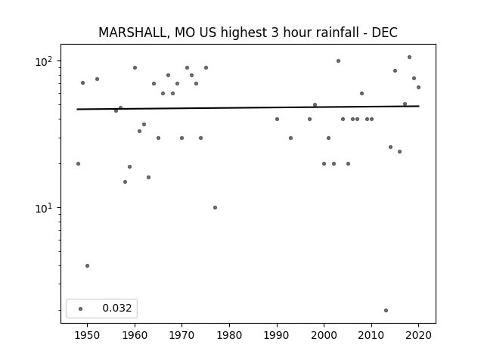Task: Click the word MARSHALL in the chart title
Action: pos(134,33)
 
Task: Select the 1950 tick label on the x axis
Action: pos(88,335)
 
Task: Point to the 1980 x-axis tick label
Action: pos(229,335)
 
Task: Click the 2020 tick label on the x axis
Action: pos(418,335)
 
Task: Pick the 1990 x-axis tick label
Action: pos(277,335)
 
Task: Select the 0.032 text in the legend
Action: pos(117,308)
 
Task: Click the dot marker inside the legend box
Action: pos(81,309)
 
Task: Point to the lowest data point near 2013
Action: pos(386,310)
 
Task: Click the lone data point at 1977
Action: pos(215,207)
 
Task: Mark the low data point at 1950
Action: pos(88,265)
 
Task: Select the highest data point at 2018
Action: pos(409,57)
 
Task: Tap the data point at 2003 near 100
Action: pos(338,60)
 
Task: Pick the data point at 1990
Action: pos(277,119)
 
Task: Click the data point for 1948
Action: pos(78,163)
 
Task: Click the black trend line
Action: pos(248,107)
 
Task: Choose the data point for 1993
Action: pos(290,138)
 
